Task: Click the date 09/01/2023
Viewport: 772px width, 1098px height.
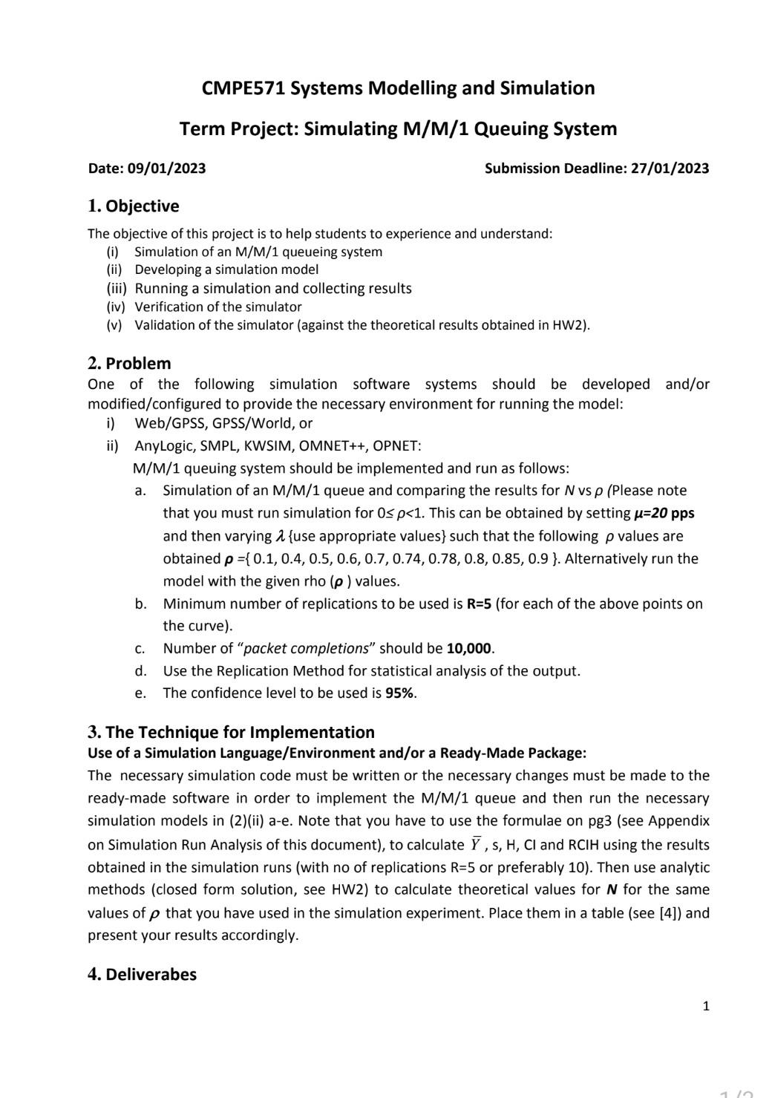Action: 166,169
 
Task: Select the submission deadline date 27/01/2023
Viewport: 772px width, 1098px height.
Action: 670,169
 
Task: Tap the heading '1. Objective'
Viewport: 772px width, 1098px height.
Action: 134,206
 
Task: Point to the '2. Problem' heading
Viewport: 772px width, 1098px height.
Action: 129,363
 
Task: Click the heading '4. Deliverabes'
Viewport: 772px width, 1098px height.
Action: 142,974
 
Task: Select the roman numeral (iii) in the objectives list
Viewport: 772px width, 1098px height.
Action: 117,288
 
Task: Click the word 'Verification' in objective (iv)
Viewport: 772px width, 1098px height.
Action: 166,307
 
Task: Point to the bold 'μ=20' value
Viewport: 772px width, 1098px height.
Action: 650,513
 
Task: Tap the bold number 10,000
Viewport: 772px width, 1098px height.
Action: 469,648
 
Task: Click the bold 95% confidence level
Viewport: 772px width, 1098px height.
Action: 400,693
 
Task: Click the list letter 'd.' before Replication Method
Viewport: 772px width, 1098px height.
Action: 140,671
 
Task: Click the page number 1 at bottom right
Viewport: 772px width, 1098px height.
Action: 705,1006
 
